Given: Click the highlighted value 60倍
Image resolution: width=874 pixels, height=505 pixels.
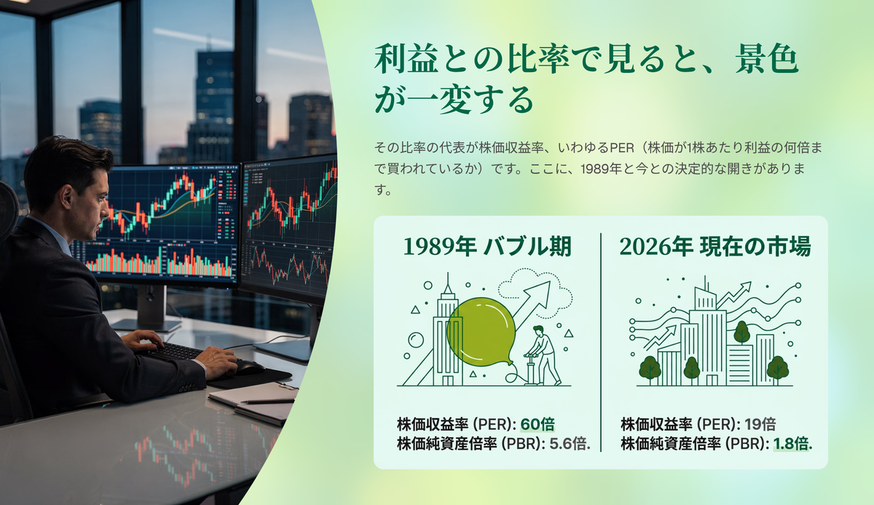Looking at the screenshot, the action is point(538,424).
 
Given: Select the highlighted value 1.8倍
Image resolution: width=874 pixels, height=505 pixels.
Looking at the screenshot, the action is point(792,444).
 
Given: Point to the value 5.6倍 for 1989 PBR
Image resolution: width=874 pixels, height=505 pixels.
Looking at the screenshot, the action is point(570,444).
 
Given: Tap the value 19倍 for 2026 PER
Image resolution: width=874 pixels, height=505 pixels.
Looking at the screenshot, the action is point(760,424).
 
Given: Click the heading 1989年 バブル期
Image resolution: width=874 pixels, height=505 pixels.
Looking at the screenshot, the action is point(487,246).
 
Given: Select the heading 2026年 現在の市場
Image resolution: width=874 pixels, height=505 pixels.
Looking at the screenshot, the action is point(715,246).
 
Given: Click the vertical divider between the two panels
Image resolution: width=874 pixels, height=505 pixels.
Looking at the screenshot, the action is point(601,342).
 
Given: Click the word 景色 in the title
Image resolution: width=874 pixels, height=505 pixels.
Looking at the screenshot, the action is point(767,59).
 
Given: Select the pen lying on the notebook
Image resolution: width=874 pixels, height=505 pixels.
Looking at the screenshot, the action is point(268,401).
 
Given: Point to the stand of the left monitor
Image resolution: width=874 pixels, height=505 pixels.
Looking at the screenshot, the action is point(150,309).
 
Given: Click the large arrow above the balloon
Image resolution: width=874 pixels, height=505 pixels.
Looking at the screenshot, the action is point(532,305).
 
